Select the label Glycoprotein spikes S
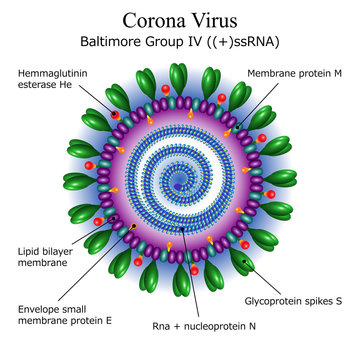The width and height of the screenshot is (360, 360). (294, 299)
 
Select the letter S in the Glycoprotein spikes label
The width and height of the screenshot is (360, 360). (338, 299)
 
